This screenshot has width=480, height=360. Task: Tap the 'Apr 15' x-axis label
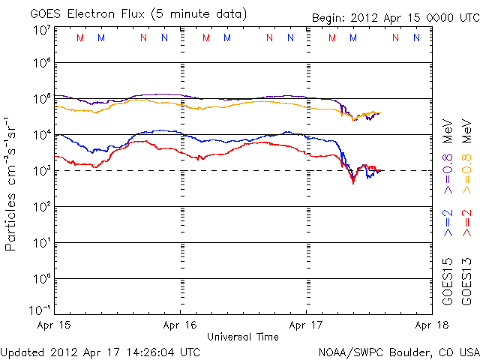click(x=53, y=325)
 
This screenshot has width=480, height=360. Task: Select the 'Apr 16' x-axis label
click(x=181, y=325)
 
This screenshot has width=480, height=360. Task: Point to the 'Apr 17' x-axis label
click(x=307, y=325)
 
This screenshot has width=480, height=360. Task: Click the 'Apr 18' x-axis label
click(x=433, y=325)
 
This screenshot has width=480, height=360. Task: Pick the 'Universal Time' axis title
click(x=243, y=337)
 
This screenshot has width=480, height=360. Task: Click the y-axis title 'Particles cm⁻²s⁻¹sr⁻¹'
click(x=11, y=183)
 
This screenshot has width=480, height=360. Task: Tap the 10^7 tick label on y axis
click(x=41, y=30)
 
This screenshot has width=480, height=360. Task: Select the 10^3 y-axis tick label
click(x=41, y=170)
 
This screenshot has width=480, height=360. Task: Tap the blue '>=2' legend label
click(x=448, y=223)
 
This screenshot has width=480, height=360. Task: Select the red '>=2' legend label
click(x=466, y=223)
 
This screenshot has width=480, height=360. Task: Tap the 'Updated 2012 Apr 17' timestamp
click(x=100, y=351)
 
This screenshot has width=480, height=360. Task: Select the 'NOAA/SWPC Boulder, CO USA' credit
click(x=397, y=351)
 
